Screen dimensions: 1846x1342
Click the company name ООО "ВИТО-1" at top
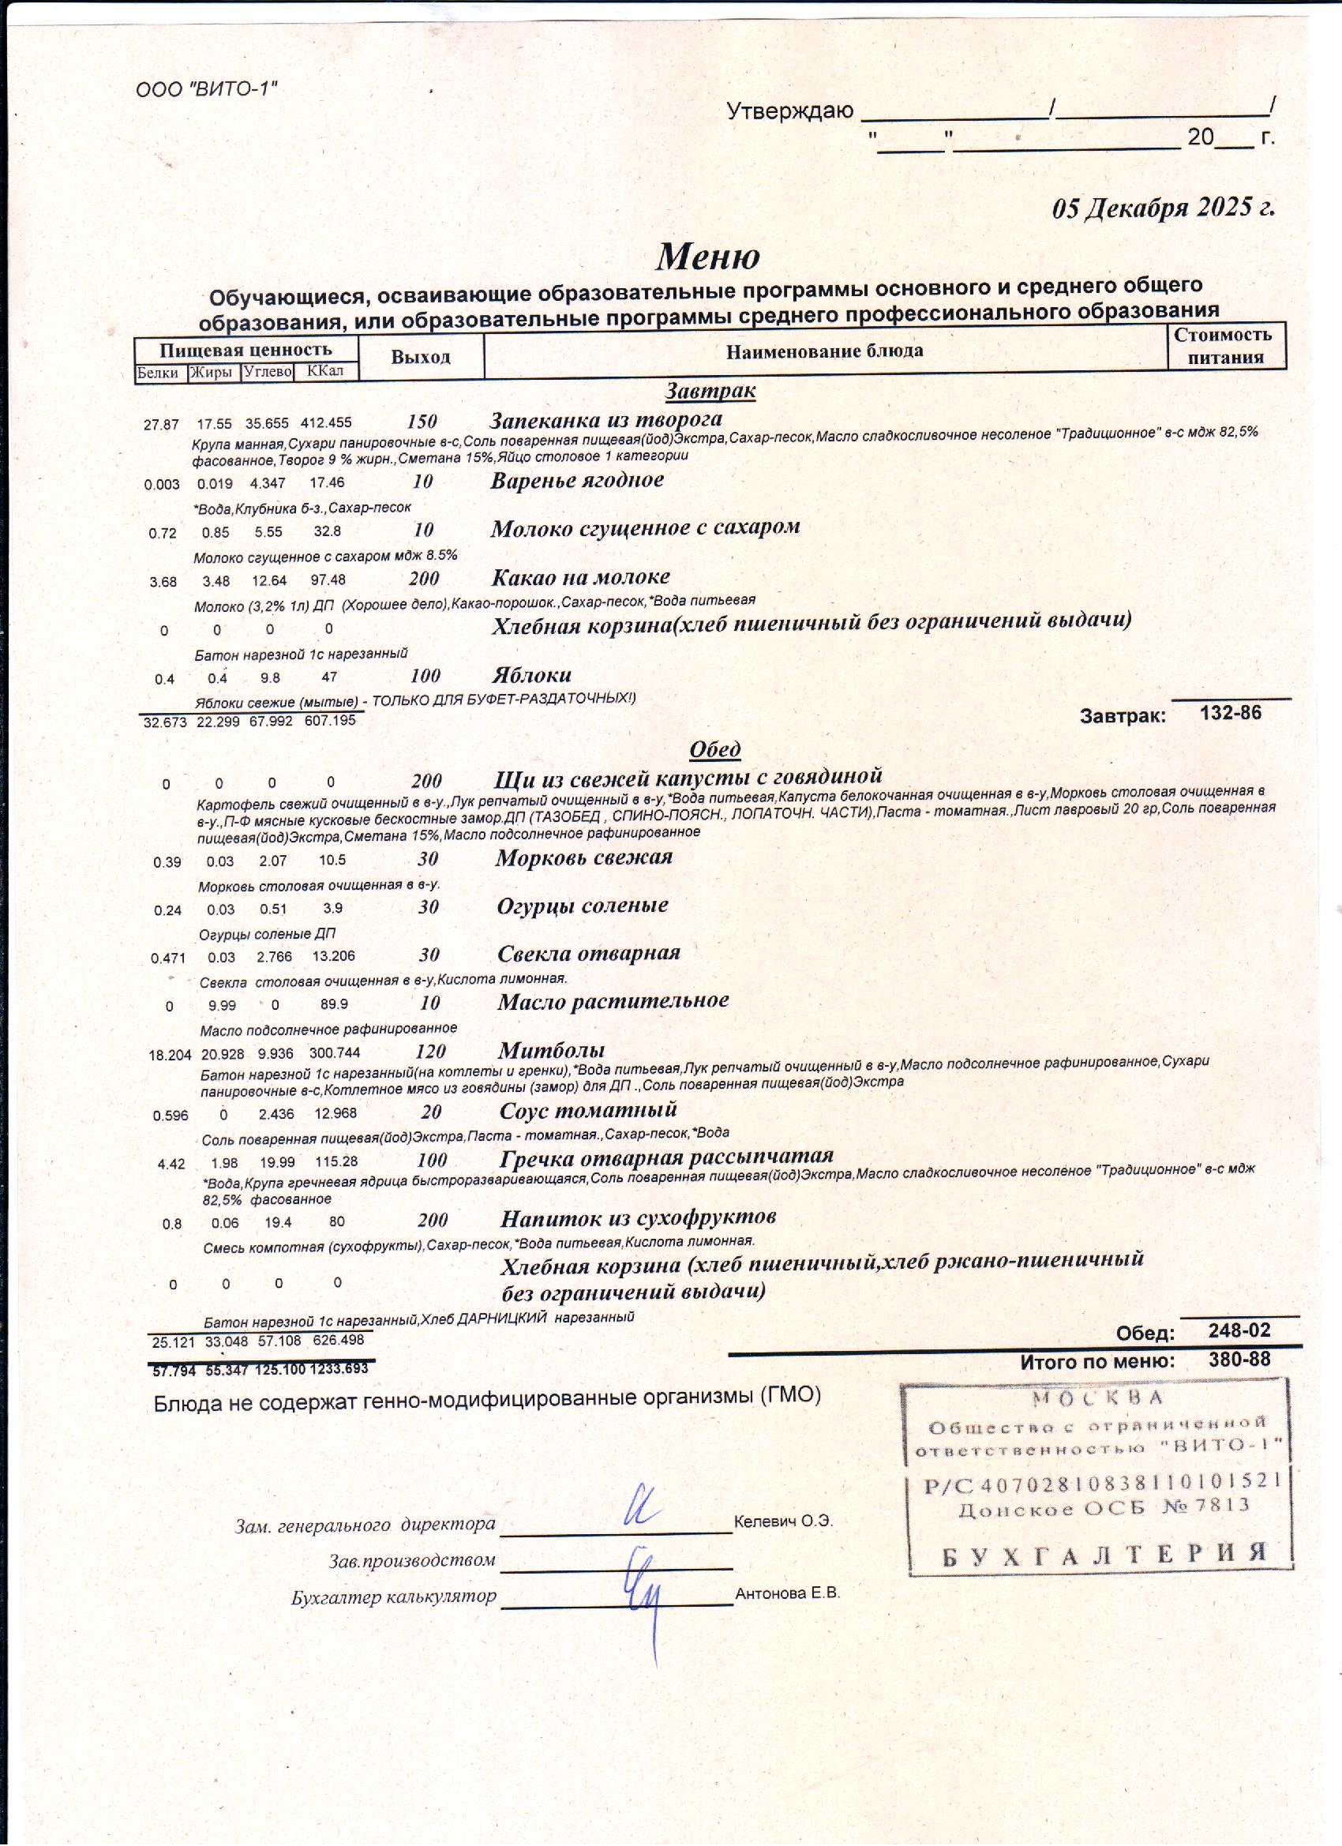(x=207, y=88)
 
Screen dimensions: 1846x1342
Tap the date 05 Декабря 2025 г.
(x=1163, y=208)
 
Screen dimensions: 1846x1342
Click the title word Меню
(x=708, y=257)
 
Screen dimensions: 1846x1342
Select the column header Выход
(x=420, y=358)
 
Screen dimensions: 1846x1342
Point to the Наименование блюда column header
(x=824, y=351)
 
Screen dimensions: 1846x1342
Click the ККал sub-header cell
(x=325, y=372)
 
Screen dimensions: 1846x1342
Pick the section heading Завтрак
(x=710, y=392)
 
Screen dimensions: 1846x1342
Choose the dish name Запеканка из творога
(x=605, y=420)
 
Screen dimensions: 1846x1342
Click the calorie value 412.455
(x=325, y=423)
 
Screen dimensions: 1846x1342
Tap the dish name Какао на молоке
(x=580, y=577)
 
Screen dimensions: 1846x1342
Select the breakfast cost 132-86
(x=1231, y=714)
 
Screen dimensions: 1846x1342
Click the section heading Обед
(x=714, y=749)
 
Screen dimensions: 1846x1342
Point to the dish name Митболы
(x=551, y=1050)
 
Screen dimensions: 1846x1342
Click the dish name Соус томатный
(x=587, y=1110)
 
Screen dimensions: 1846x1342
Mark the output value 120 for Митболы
(x=430, y=1052)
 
